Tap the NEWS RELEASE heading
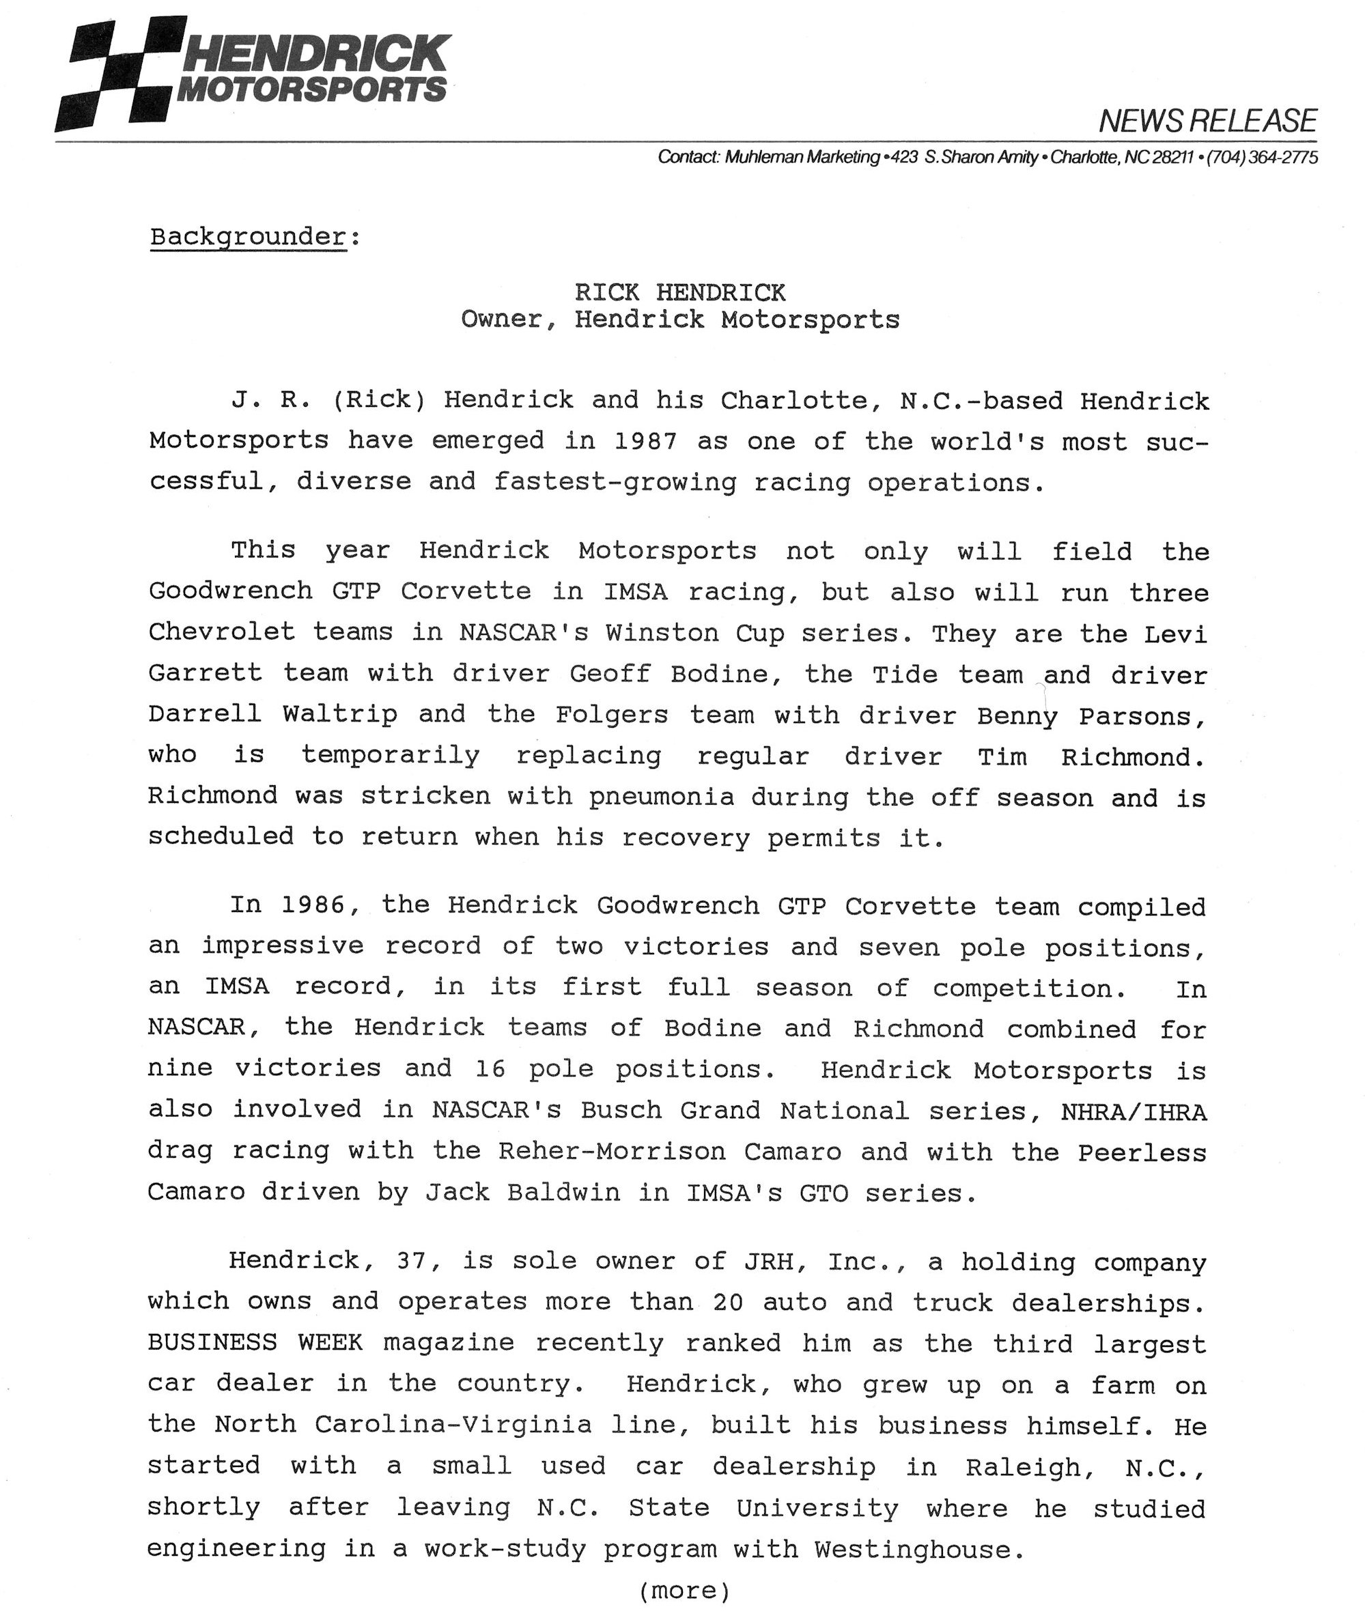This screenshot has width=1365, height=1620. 1207,122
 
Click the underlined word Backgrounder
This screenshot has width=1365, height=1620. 248,237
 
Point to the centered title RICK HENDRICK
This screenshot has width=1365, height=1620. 679,292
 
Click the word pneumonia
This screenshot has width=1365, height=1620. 661,796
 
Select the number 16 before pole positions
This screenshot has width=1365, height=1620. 490,1068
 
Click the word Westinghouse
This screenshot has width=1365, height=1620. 912,1549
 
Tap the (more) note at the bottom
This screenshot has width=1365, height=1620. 684,1591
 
